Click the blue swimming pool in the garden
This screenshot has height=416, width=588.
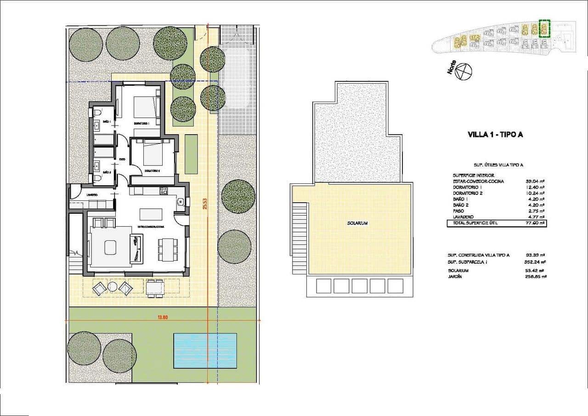[205, 350]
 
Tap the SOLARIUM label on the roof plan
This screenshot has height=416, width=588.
[357, 223]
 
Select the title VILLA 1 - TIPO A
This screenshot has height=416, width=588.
[495, 135]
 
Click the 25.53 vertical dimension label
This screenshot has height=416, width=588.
[205, 204]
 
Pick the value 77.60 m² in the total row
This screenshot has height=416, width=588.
[535, 223]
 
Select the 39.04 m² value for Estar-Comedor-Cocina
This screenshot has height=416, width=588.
[535, 181]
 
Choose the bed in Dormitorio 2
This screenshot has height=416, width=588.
[153, 153]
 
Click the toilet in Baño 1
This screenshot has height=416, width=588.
[97, 113]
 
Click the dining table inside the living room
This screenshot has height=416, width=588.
[167, 250]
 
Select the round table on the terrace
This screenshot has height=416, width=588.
[113, 287]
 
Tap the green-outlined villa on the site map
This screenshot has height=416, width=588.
[544, 29]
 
